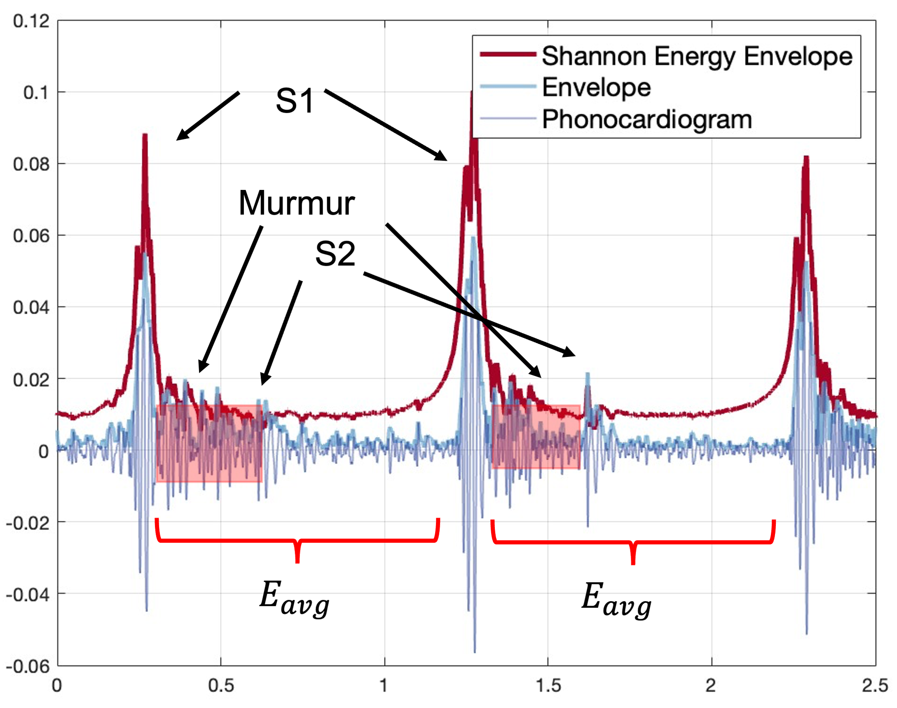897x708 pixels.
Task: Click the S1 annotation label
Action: pyautogui.click(x=295, y=101)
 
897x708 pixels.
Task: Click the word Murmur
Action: pyautogui.click(x=297, y=203)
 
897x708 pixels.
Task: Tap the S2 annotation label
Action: pyautogui.click(x=335, y=254)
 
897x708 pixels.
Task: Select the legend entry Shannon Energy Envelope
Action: pyautogui.click(x=697, y=56)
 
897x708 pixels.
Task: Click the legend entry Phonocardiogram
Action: pyautogui.click(x=646, y=120)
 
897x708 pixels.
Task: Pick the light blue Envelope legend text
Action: pyautogui.click(x=596, y=87)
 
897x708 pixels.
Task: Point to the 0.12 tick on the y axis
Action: pyautogui.click(x=31, y=21)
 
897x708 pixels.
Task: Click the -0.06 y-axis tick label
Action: pyautogui.click(x=28, y=666)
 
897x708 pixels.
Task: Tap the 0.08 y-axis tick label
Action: pyautogui.click(x=31, y=164)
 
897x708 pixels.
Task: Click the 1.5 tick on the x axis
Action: pyautogui.click(x=548, y=686)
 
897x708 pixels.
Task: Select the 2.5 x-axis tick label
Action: pyautogui.click(x=875, y=686)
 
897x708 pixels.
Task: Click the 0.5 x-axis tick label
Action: pyautogui.click(x=221, y=686)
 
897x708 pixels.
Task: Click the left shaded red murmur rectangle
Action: pyautogui.click(x=209, y=443)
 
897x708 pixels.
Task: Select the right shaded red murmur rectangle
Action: pyautogui.click(x=536, y=436)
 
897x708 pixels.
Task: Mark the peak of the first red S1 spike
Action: pyautogui.click(x=145, y=135)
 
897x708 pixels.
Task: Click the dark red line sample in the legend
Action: pyautogui.click(x=508, y=54)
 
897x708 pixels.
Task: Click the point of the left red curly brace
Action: pyautogui.click(x=297, y=561)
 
